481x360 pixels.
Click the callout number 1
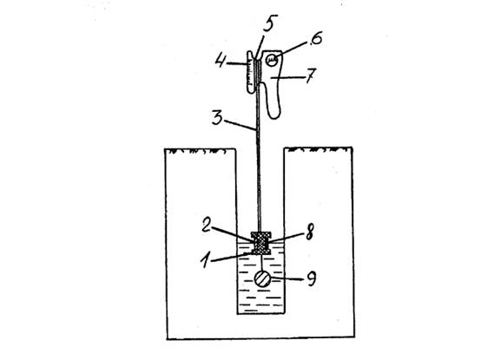[207, 260]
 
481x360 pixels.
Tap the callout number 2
[207, 225]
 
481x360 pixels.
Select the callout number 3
[217, 117]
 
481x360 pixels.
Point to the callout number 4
[221, 61]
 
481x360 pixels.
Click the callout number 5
[270, 23]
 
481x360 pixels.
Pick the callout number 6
[314, 39]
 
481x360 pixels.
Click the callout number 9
[311, 278]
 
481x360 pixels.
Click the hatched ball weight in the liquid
[262, 278]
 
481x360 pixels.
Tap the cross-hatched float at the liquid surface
[261, 243]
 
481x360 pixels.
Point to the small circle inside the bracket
[272, 59]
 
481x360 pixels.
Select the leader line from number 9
[288, 278]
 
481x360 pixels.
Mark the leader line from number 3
[240, 125]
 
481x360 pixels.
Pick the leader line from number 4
[237, 63]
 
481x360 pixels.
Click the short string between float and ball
[261, 263]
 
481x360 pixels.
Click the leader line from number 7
[287, 77]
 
